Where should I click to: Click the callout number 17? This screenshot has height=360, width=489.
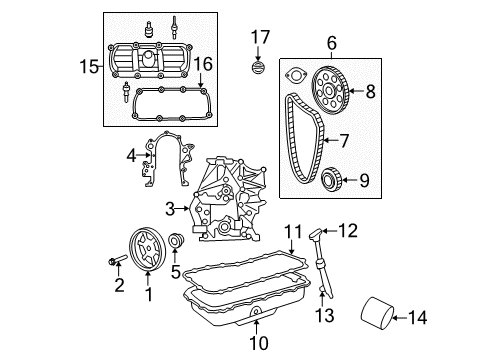tap(260, 38)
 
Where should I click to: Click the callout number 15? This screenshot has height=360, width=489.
tap(87, 66)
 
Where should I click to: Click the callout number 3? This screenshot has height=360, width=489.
tap(170, 207)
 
